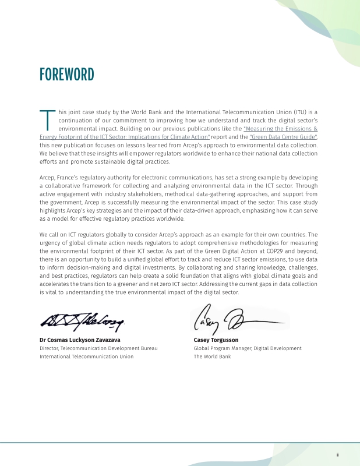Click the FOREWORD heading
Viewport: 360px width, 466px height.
tap(66, 75)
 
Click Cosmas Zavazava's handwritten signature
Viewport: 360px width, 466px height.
tap(83, 320)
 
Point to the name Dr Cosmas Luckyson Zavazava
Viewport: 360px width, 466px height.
tap(80, 340)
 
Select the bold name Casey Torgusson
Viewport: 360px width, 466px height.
tap(216, 340)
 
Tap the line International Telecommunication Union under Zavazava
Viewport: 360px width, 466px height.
tap(86, 356)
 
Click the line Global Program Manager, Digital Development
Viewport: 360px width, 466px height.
tap(248, 348)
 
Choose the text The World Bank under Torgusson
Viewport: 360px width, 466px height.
tap(212, 356)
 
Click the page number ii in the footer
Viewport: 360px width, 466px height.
tap(337, 454)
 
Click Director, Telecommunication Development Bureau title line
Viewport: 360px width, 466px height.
tap(95, 348)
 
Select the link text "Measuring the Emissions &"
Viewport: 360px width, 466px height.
tap(280, 128)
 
